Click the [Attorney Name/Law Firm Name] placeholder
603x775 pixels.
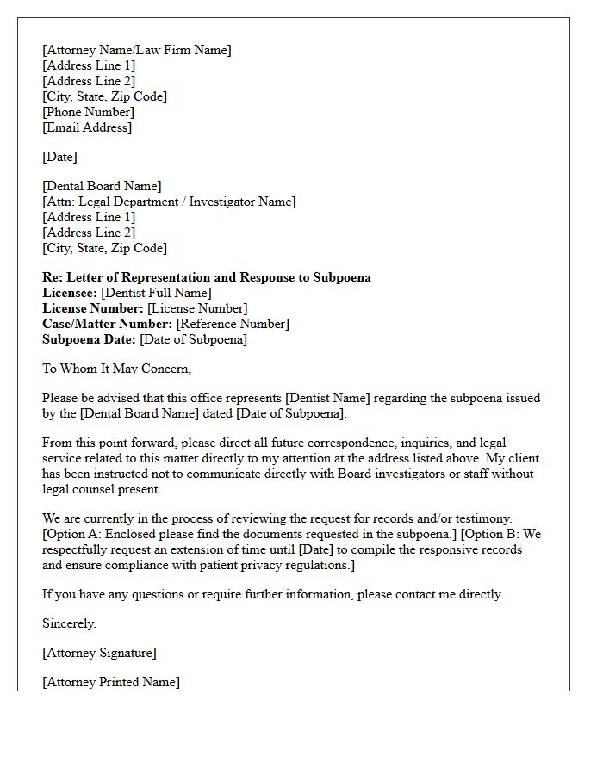(137, 50)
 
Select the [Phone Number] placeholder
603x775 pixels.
(88, 112)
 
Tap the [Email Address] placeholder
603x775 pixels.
(87, 127)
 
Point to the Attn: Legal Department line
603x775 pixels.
(169, 201)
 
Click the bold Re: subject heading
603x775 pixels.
(207, 277)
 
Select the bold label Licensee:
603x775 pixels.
(70, 293)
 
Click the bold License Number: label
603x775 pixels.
(93, 308)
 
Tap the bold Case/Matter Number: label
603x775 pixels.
(107, 324)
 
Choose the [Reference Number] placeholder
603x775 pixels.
(233, 324)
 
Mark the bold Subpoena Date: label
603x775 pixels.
(89, 339)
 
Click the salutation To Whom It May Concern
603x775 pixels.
(117, 369)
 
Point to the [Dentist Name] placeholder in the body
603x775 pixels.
(332, 398)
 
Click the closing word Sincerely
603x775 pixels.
(69, 623)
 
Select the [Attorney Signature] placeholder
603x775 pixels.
(99, 653)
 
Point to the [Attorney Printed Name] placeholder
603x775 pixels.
(111, 682)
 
